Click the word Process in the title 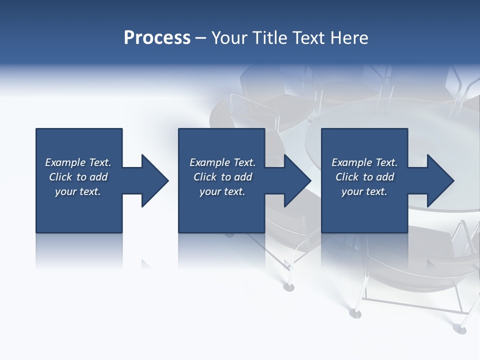point(157,38)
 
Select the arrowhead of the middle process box point(297,180)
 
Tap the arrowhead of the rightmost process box point(440,180)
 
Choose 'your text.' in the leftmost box point(78,191)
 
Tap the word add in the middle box point(243,177)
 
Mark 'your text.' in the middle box point(222,191)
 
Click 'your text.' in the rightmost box point(364,191)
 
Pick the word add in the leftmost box point(99,177)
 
